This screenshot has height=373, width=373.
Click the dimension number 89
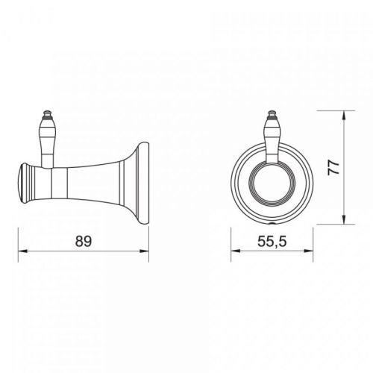coord(84,241)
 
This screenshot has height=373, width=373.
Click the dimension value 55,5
coord(272,241)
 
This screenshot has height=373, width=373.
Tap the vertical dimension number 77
coord(333,168)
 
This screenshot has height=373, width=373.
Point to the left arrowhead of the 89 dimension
coord(22,251)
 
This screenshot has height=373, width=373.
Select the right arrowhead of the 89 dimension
coord(144,251)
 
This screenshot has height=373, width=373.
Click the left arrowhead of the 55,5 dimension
coord(236,251)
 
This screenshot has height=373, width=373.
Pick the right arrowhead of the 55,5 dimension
coord(308,251)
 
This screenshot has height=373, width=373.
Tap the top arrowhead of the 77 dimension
coord(344,115)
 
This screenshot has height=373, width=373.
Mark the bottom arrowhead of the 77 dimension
coord(344,219)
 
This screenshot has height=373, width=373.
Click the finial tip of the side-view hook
coord(47,112)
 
